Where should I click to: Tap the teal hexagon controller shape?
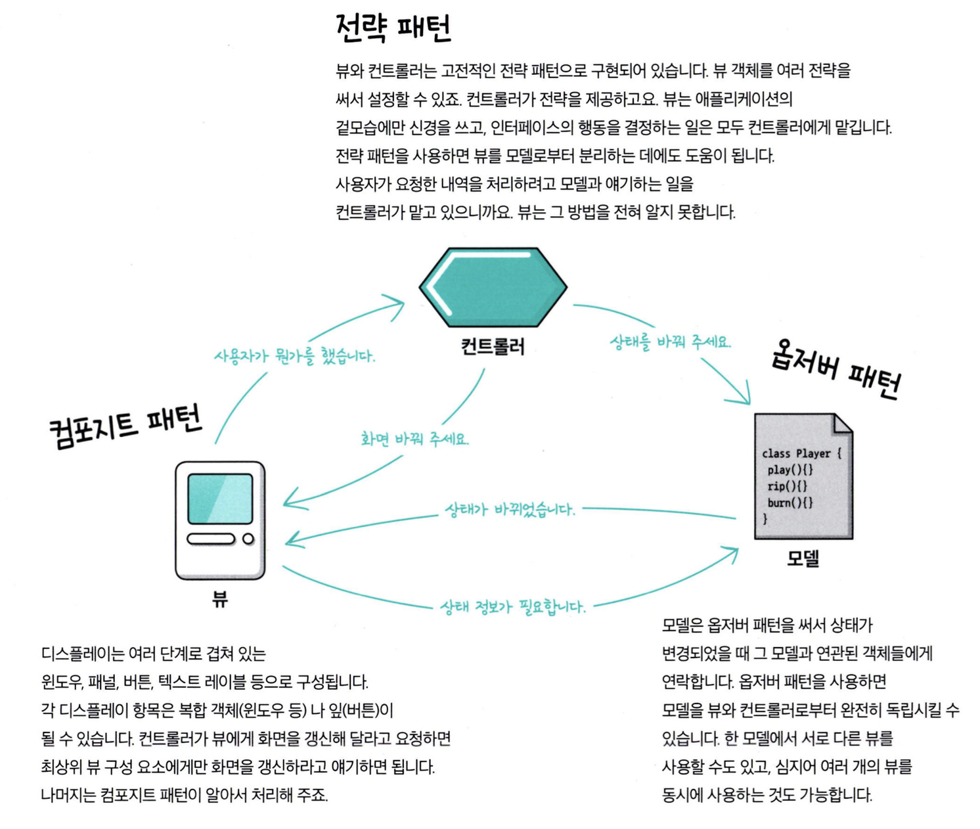[493, 287]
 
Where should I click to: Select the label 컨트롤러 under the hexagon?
[493, 346]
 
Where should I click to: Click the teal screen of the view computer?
[220, 499]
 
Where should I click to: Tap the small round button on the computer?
[248, 539]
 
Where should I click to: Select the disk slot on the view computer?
[211, 539]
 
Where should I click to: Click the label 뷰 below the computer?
[219, 598]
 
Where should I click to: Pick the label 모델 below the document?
[803, 558]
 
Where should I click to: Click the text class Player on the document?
[801, 453]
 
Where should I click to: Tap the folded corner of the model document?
[842, 424]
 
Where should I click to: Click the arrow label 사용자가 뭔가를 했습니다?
[294, 356]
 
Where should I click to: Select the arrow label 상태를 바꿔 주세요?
[670, 342]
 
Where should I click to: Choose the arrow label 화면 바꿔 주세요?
[414, 439]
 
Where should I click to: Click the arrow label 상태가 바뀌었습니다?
[510, 509]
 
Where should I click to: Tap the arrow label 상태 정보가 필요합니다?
[512, 606]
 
